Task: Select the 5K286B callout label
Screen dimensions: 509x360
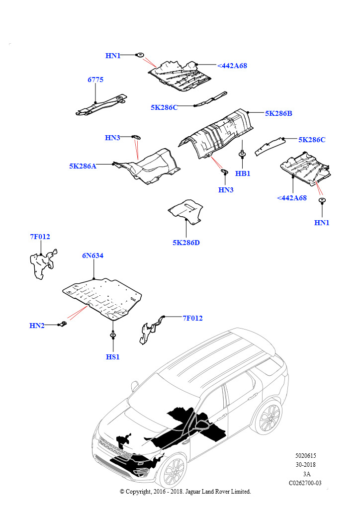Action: [278, 113]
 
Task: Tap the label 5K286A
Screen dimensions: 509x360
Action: [83, 166]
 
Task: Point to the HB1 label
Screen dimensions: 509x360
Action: [243, 173]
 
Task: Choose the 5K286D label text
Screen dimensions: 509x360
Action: [186, 243]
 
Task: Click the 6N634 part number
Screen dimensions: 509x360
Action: [93, 256]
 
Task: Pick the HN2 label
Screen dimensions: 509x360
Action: [37, 326]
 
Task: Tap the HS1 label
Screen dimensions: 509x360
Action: [113, 356]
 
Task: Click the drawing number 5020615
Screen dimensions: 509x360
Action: [306, 455]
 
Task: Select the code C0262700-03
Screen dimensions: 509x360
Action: [305, 483]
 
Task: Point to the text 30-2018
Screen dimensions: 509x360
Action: [306, 465]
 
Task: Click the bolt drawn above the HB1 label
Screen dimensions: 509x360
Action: [242, 154]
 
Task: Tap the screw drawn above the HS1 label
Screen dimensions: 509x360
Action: [113, 335]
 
